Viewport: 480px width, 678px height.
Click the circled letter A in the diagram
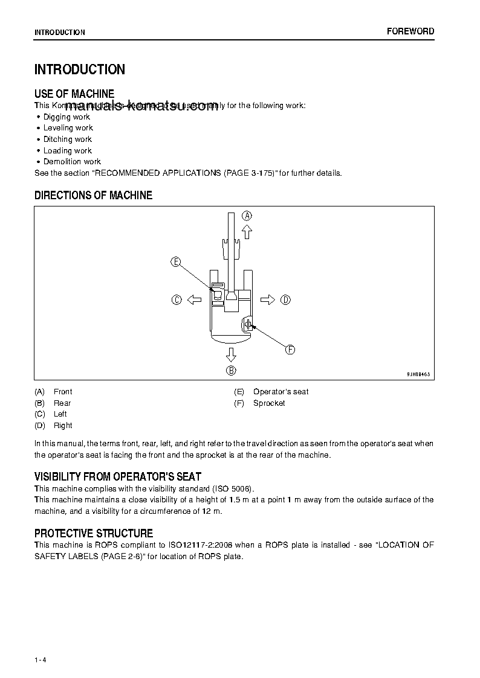click(x=247, y=216)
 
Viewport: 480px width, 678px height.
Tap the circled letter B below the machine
click(x=231, y=371)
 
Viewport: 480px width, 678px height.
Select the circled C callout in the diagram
click(x=177, y=299)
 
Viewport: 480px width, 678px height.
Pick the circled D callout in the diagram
click(x=286, y=299)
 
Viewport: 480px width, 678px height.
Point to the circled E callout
click(x=175, y=261)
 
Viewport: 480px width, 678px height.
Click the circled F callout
click(x=290, y=350)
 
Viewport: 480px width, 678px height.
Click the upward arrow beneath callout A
click(x=246, y=232)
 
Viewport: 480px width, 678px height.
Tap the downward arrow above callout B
click(x=231, y=354)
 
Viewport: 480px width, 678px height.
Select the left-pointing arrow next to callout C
click(x=193, y=299)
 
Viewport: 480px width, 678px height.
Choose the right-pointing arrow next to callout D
click(x=268, y=299)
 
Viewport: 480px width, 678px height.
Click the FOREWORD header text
click(x=410, y=31)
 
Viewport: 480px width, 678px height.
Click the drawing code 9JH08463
click(x=418, y=375)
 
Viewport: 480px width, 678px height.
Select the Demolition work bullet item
click(x=72, y=162)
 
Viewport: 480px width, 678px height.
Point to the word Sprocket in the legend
click(x=269, y=403)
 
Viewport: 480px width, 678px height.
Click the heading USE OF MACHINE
click(x=74, y=94)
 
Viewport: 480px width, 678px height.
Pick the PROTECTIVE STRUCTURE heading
click(x=94, y=533)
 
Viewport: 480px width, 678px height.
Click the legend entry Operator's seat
click(x=281, y=392)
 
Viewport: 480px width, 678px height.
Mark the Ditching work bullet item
click(x=68, y=139)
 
